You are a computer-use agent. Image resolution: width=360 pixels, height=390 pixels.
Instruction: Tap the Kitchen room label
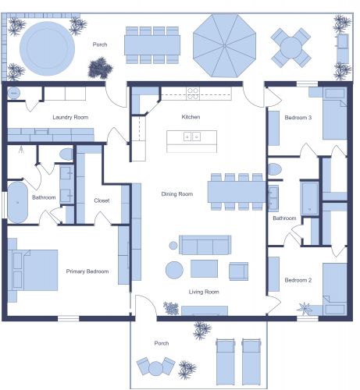[191, 116]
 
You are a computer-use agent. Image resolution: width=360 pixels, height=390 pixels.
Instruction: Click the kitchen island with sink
[191, 140]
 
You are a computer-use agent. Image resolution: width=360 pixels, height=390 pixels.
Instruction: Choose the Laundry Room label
[70, 118]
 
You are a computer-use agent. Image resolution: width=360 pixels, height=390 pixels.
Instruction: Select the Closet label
[102, 200]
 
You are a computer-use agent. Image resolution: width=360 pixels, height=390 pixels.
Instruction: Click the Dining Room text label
[176, 193]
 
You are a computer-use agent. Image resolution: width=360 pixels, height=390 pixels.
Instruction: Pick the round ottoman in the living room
[174, 270]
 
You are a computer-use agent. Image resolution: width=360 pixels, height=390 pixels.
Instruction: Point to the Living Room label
[204, 292]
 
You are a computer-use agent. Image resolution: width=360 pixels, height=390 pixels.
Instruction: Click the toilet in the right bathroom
[276, 168]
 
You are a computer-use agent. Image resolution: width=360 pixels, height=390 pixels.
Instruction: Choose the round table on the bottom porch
[155, 367]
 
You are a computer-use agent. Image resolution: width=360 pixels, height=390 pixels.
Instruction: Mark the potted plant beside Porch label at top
[98, 69]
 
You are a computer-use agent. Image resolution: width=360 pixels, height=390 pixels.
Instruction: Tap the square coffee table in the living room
[205, 269]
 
